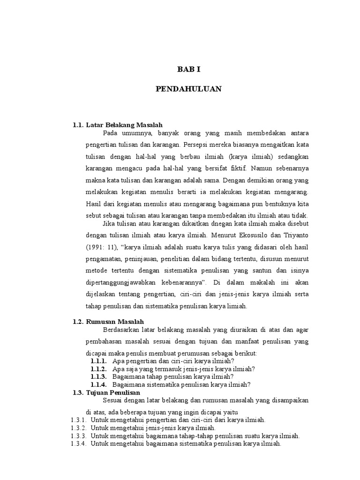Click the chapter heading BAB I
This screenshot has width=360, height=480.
pos(188,69)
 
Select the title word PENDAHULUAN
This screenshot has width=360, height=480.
pos(188,89)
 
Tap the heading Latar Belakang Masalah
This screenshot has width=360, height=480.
pos(124,125)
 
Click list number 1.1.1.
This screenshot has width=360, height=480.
pos(99,361)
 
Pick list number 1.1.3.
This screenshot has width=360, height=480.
pos(99,376)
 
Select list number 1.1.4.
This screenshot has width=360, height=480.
pos(99,384)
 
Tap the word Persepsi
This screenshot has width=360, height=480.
pos(197,144)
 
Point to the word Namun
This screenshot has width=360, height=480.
pos(262,168)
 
